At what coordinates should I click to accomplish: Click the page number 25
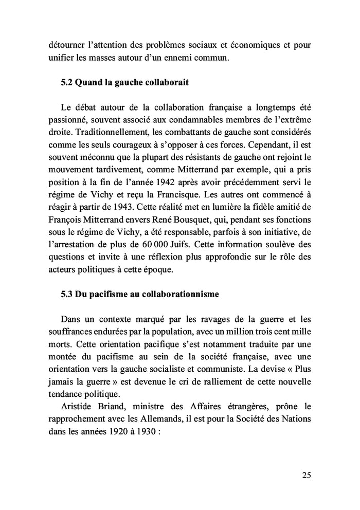coord(306,475)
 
